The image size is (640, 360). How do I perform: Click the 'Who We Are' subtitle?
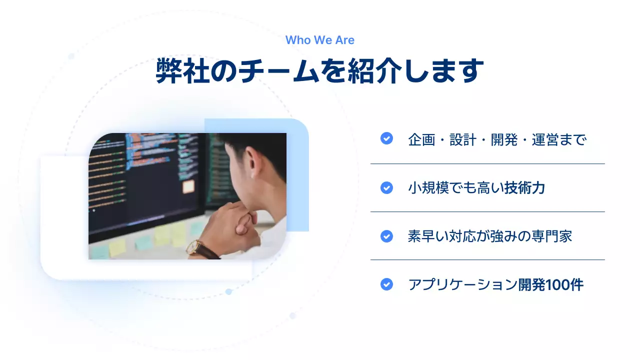pyautogui.click(x=320, y=40)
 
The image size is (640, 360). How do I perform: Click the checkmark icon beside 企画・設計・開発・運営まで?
pyautogui.click(x=386, y=138)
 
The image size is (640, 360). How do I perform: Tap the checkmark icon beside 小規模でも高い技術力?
pyautogui.click(x=386, y=187)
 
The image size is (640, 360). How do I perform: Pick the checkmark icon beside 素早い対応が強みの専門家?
pyautogui.click(x=386, y=236)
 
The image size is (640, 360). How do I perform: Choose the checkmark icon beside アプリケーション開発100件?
pyautogui.click(x=386, y=284)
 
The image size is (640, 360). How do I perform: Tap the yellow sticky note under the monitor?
pyautogui.click(x=117, y=247)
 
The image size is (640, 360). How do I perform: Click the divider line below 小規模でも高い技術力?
pyautogui.click(x=487, y=211)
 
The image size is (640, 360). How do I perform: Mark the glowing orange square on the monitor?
pyautogui.click(x=188, y=186)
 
